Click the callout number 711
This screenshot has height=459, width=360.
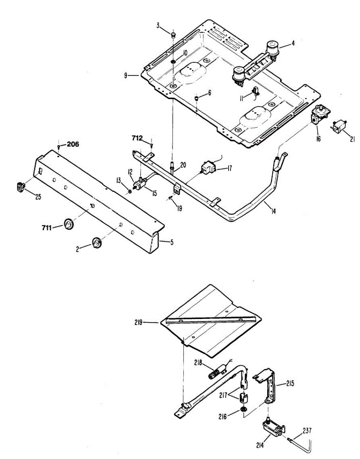coord(47,228)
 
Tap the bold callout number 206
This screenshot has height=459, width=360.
coord(73,144)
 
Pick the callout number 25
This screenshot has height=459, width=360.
coord(38,197)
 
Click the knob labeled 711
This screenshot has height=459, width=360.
coord(69,225)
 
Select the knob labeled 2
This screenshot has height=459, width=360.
coord(96,242)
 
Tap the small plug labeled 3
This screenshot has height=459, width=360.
coord(172,35)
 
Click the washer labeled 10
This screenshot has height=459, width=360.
coord(173,61)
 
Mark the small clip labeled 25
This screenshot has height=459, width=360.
coord(20,187)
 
